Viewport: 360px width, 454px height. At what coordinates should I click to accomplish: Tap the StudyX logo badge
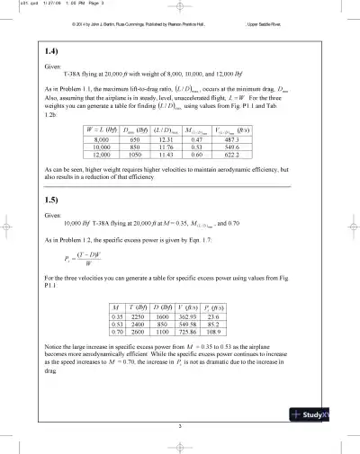[x=325, y=414]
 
